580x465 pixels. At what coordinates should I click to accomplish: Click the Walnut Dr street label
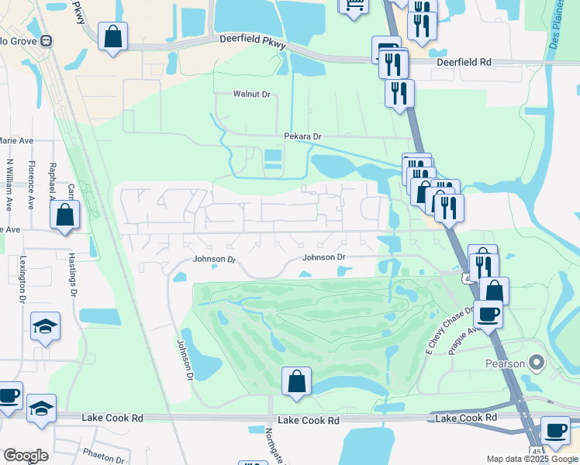coord(251,95)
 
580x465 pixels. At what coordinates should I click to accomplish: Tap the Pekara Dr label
coord(302,136)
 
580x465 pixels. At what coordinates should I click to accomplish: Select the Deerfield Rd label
coord(464,61)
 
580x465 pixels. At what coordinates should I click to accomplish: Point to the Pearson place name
coord(506,363)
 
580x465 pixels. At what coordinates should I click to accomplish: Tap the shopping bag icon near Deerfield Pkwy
coord(112,36)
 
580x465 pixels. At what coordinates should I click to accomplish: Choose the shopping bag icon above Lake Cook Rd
coord(296,381)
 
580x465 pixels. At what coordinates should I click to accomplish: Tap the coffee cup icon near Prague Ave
coord(488,314)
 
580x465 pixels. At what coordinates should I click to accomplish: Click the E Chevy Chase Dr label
coord(449,331)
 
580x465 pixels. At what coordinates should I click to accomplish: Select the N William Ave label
coord(9,185)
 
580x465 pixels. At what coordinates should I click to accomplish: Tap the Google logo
coord(26,456)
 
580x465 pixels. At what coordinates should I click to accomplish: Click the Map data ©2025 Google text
coord(531,459)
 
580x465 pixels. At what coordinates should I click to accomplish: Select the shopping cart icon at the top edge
coord(353,5)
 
